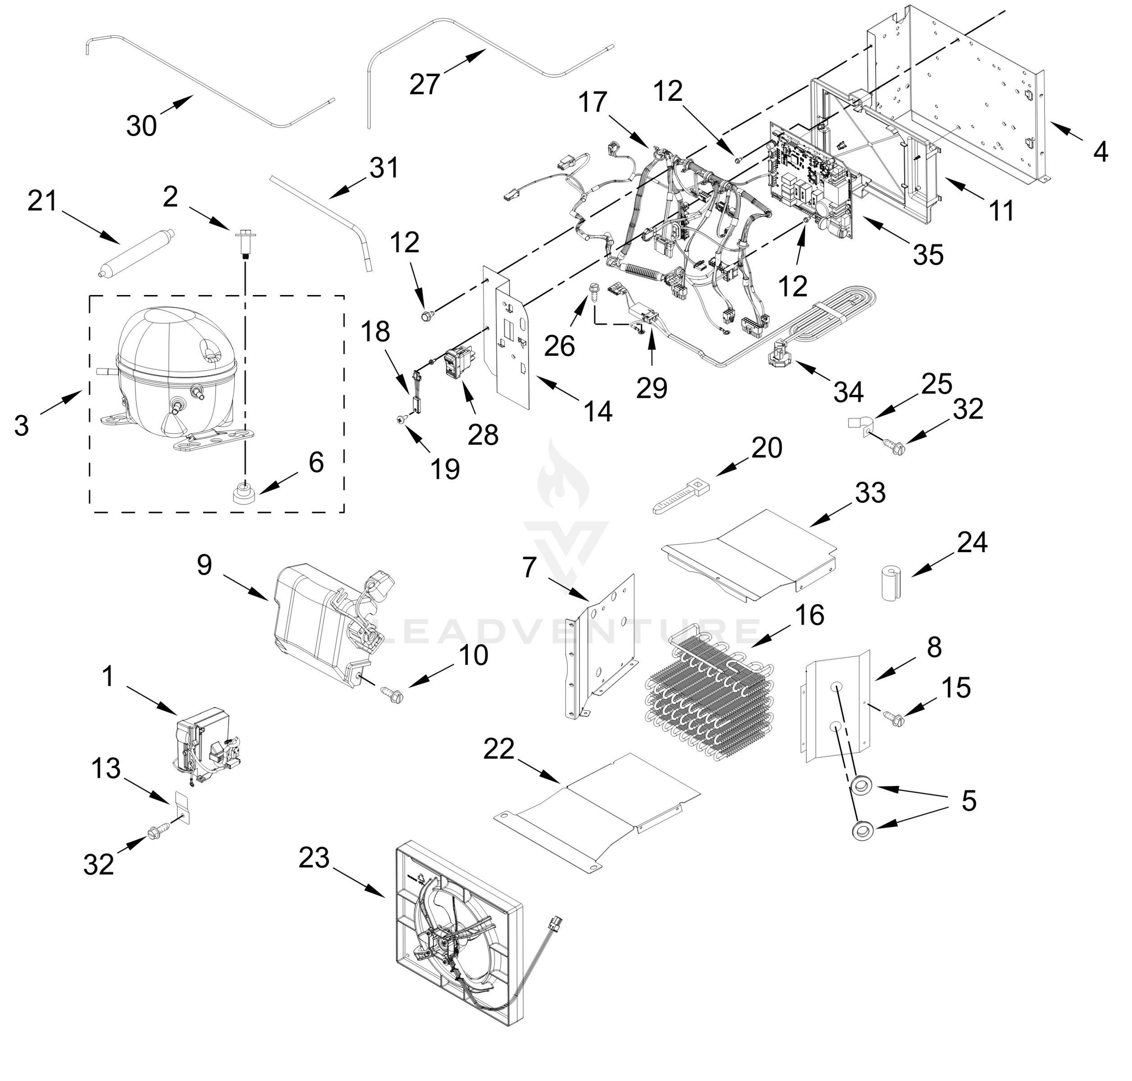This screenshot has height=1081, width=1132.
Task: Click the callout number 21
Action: (43, 201)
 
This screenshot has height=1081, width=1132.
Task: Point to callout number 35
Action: (928, 254)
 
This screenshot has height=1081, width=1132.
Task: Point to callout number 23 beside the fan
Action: (314, 858)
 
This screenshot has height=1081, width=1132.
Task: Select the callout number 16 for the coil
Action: (810, 615)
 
